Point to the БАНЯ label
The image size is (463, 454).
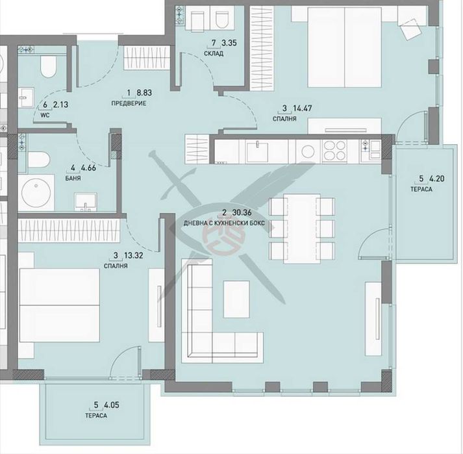72,177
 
